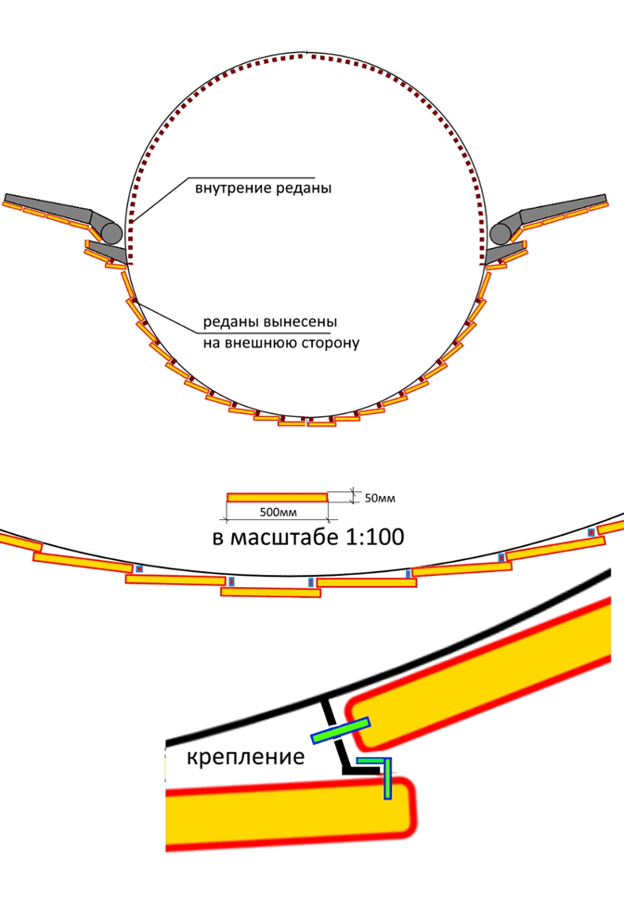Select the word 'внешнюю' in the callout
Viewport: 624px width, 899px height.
click(264, 343)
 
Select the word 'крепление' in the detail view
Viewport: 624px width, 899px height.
click(246, 757)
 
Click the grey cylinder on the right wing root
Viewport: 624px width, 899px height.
click(500, 230)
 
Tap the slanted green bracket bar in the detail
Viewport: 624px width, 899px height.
click(341, 731)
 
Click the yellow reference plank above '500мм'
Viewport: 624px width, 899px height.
click(277, 497)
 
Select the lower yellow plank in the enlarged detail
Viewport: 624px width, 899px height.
click(288, 815)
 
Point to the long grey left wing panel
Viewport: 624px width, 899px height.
click(46, 206)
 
